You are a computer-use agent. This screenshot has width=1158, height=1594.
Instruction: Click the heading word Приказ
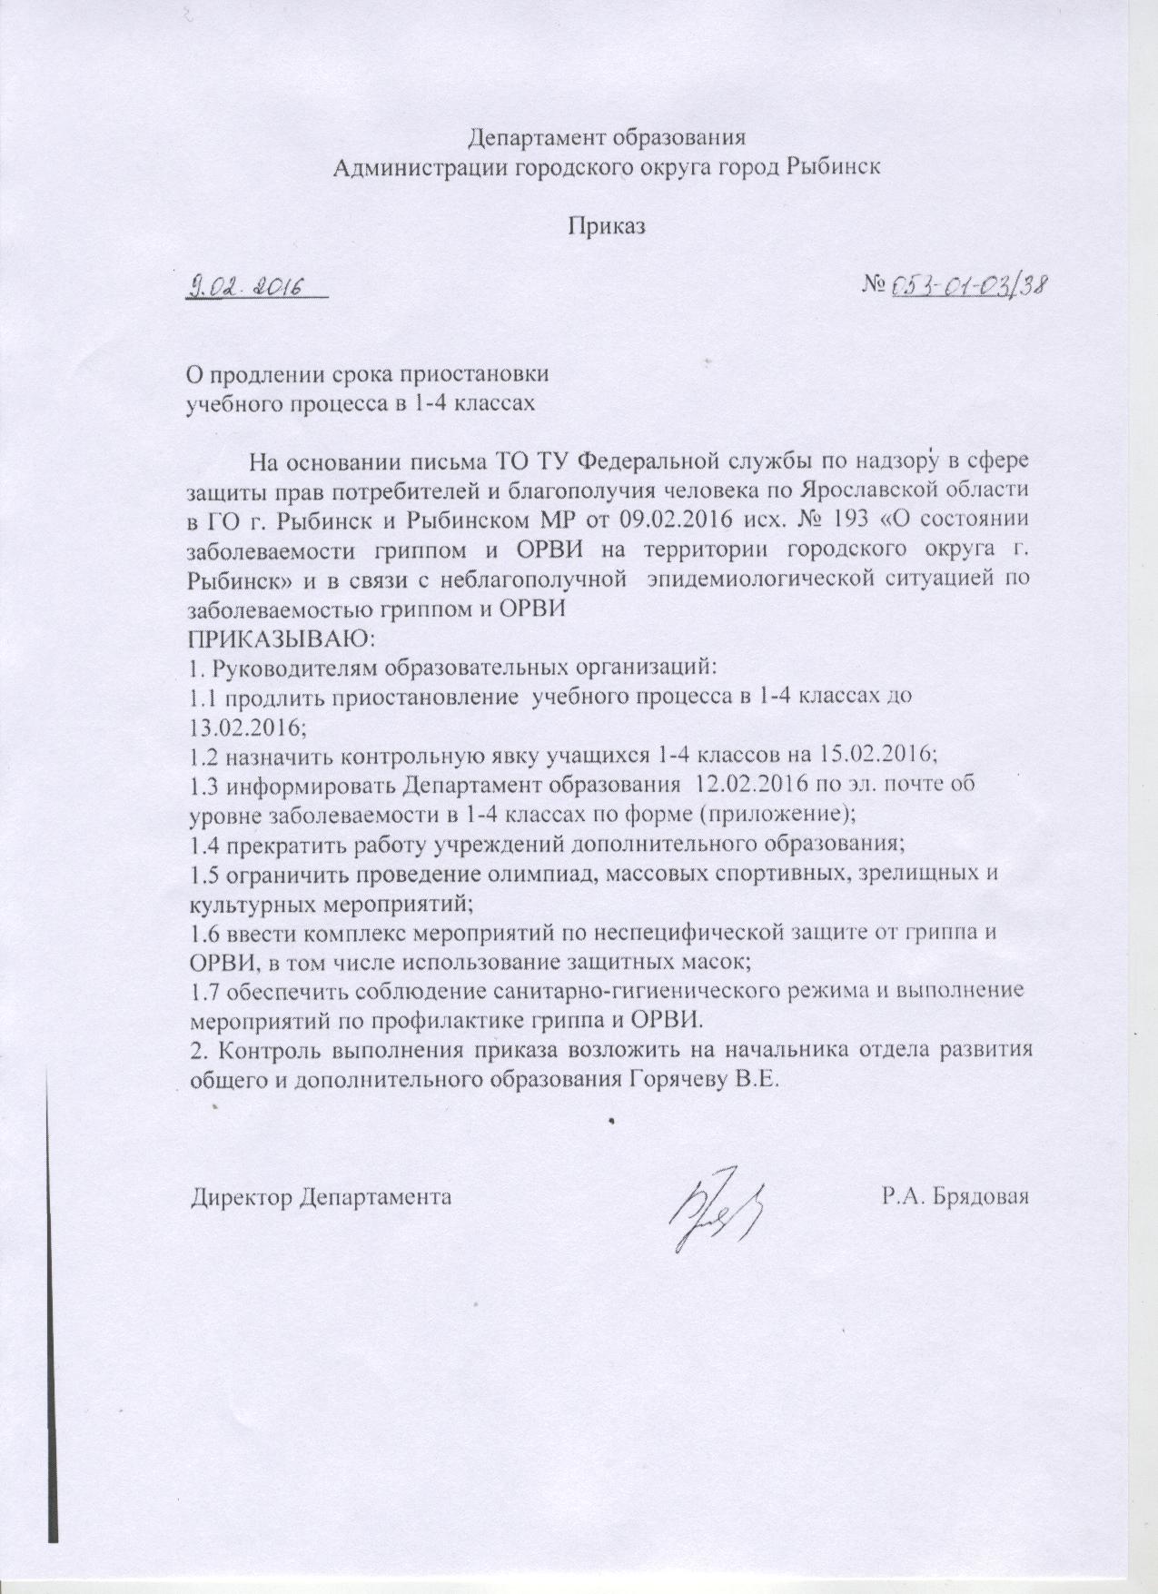606,226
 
